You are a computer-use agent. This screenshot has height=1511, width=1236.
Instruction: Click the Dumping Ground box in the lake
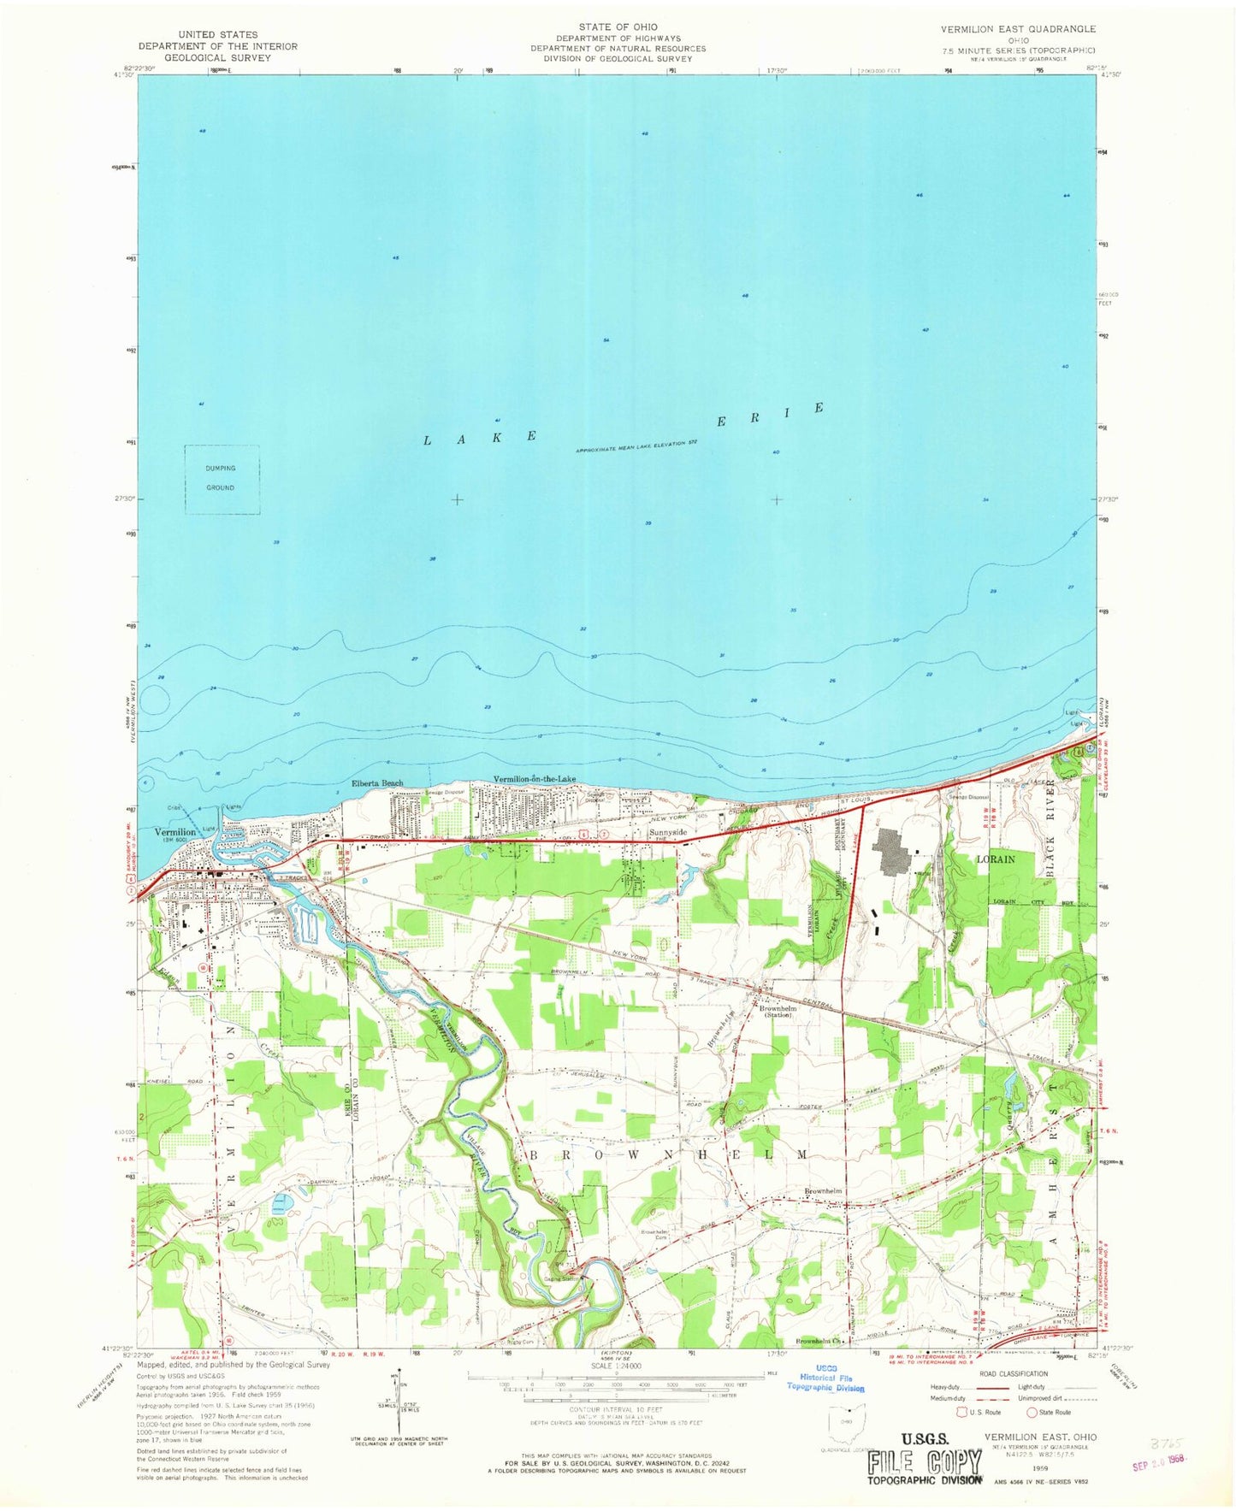click(222, 479)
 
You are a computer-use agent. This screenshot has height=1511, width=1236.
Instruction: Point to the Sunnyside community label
click(668, 831)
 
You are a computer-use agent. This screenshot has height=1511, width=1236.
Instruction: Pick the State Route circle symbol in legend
click(1032, 1412)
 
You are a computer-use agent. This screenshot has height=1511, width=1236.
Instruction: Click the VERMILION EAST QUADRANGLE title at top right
click(1018, 28)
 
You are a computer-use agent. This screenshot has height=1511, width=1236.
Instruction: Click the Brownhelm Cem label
click(653, 1235)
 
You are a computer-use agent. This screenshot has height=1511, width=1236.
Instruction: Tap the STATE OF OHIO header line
click(617, 27)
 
